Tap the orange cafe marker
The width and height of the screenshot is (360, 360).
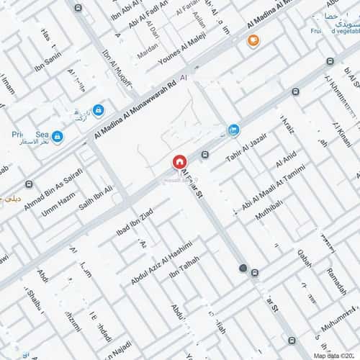point(253,40)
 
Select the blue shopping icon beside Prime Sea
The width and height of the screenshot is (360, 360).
point(57,136)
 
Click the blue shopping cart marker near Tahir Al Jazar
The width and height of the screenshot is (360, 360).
point(233,130)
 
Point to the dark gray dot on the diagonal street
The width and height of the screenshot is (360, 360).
point(243,269)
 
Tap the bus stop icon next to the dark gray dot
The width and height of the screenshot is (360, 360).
point(255,273)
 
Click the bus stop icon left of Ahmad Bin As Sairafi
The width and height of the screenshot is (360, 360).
point(29,184)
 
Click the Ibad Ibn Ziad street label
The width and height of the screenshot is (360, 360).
point(134,222)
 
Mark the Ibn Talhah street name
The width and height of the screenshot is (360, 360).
point(184,268)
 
